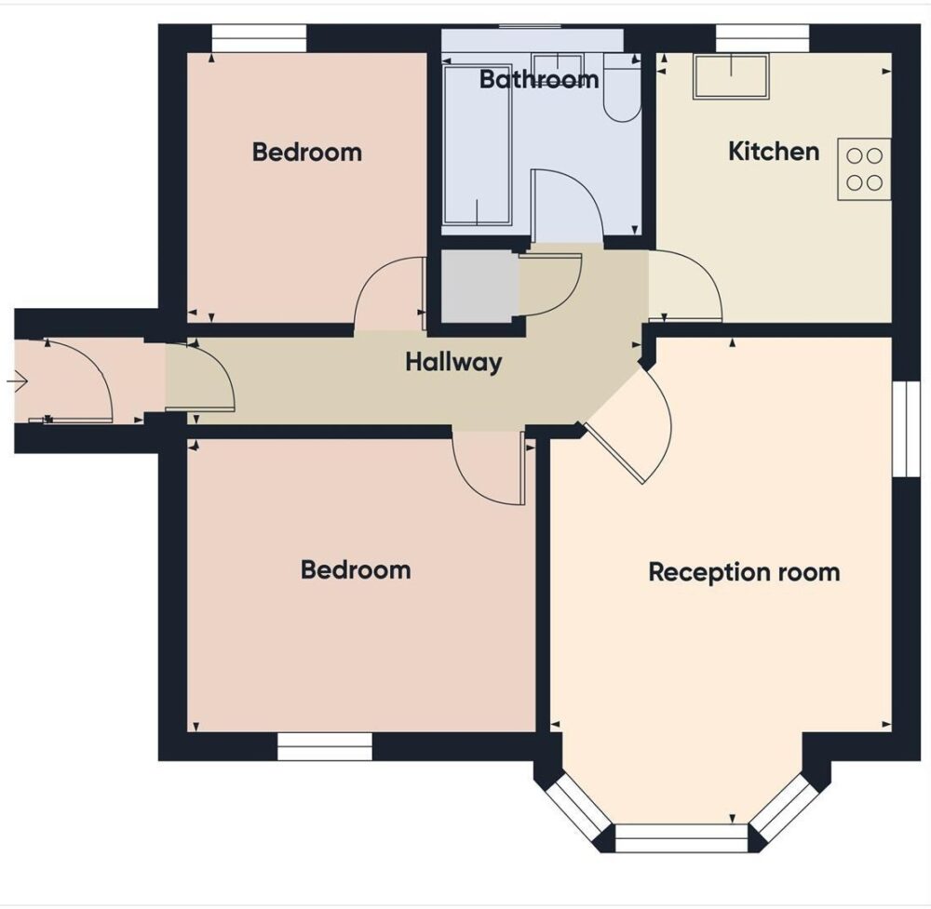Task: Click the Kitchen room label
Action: tap(773, 152)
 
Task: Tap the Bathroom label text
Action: tap(538, 80)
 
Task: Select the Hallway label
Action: tap(453, 362)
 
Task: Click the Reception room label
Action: tap(744, 571)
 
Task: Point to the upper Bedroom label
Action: tap(306, 152)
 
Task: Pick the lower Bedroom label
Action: tap(355, 569)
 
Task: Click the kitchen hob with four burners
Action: tap(864, 169)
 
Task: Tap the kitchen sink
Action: tap(731, 76)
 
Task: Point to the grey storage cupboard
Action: tap(478, 287)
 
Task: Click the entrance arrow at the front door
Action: tap(19, 380)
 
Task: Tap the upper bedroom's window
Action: tap(259, 38)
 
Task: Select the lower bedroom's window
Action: tap(325, 746)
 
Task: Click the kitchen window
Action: tap(762, 38)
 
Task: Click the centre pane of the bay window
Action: tap(681, 837)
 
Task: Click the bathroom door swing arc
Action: tap(566, 200)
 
